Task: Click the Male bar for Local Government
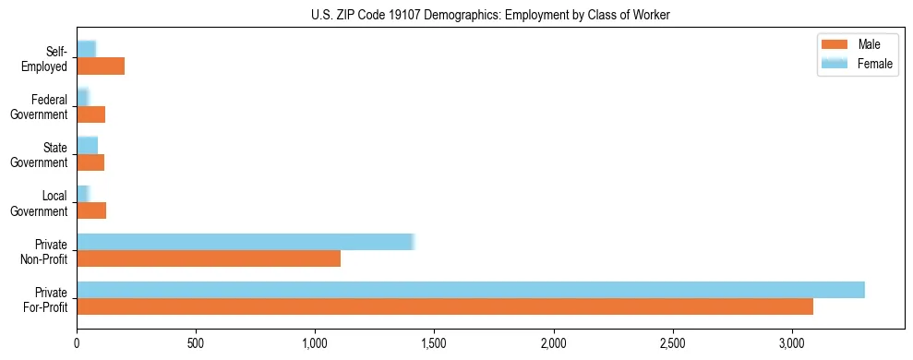(x=91, y=210)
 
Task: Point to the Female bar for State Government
(x=87, y=146)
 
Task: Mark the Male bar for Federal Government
(x=90, y=114)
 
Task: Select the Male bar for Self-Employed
(x=101, y=66)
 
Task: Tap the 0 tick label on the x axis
(x=77, y=343)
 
